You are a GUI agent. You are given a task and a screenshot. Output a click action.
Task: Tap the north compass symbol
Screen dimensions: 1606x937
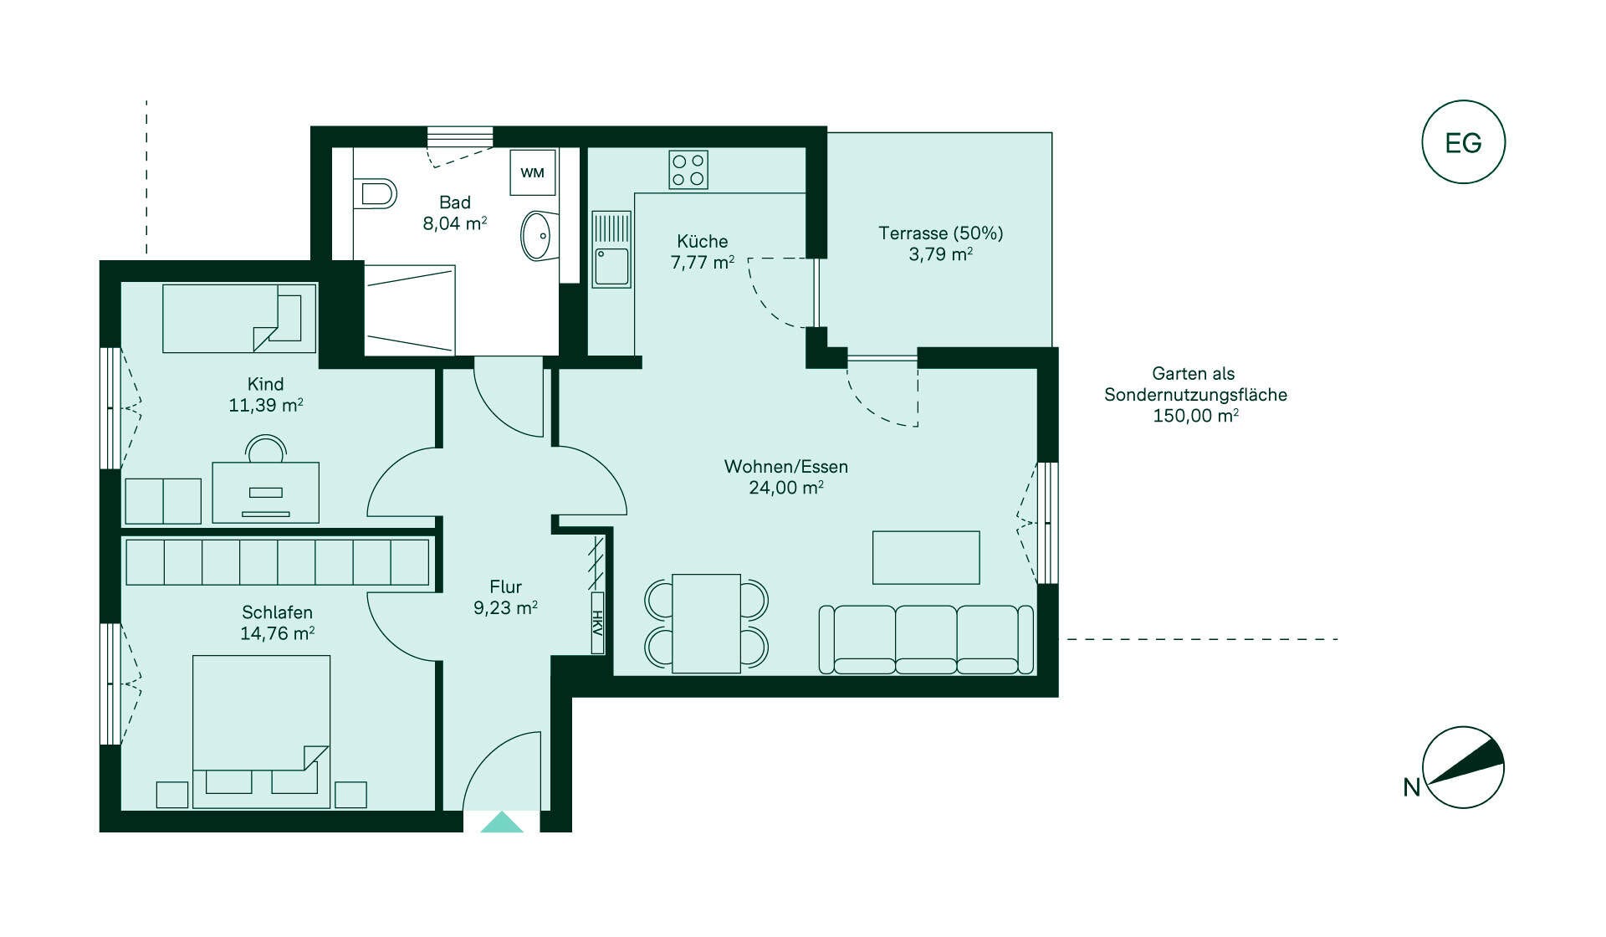tap(1463, 767)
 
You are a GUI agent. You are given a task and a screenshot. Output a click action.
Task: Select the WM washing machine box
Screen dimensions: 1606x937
tap(533, 173)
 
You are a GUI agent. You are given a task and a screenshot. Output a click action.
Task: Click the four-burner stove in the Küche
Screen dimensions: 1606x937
tap(688, 170)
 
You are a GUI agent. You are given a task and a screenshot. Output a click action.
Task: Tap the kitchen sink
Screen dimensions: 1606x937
tap(611, 248)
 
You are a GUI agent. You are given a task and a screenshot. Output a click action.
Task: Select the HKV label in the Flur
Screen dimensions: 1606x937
tap(597, 623)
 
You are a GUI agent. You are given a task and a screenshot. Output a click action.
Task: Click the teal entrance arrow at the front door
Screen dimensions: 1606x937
tap(502, 822)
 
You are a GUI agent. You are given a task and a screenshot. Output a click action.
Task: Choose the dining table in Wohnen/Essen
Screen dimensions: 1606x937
tap(706, 623)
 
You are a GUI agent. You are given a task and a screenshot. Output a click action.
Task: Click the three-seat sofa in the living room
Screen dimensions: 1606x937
tap(926, 640)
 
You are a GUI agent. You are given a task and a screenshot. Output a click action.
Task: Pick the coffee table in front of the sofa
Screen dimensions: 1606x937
tap(926, 557)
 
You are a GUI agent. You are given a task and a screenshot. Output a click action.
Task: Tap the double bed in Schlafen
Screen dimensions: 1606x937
tap(261, 731)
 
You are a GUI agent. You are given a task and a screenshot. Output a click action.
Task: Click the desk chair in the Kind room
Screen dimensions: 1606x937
tap(266, 448)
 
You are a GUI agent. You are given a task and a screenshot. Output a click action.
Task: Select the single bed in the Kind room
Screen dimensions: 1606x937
tap(239, 318)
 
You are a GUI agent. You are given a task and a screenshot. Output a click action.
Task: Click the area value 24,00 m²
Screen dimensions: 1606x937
tap(786, 488)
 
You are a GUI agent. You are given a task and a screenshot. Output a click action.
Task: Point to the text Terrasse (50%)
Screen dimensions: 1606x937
tap(940, 233)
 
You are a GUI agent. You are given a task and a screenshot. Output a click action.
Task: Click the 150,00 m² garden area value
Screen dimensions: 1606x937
tap(1195, 416)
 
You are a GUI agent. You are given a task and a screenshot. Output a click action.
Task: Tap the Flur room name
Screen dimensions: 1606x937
tap(506, 587)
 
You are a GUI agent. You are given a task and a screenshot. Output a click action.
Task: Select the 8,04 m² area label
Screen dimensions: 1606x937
tap(455, 223)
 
